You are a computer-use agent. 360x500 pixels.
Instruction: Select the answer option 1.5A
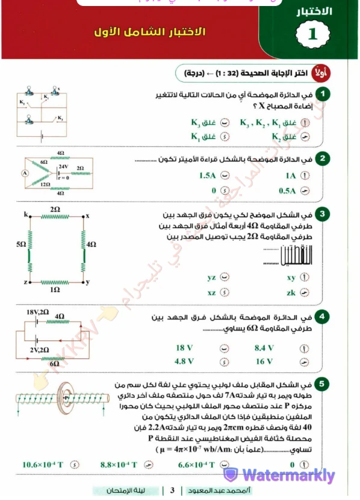pos(206,176)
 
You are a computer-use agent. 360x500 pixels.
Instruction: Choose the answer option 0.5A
pos(287,191)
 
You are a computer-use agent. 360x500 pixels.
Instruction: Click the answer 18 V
pos(184,348)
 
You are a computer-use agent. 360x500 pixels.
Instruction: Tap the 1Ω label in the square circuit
pos(55,289)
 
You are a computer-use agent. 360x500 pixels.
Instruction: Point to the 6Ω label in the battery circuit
pos(55,363)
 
